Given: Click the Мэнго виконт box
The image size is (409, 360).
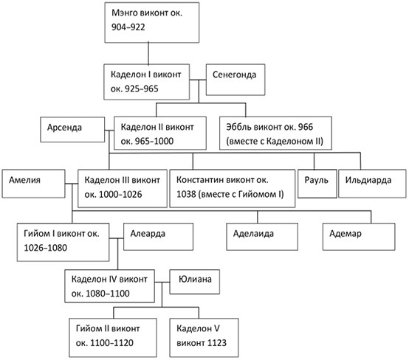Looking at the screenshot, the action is pyautogui.click(x=152, y=23).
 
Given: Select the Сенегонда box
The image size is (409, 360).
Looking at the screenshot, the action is pyautogui.click(x=236, y=80).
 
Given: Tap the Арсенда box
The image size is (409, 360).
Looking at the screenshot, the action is pyautogui.click(x=72, y=130).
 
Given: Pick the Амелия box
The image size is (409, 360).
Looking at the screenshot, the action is pyautogui.click(x=33, y=184).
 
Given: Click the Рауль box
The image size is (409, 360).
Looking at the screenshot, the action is pyautogui.click(x=317, y=184).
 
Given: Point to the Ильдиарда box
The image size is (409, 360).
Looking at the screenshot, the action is pyautogui.click(x=372, y=184).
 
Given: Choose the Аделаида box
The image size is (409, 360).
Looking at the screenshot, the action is pyautogui.click(x=262, y=237).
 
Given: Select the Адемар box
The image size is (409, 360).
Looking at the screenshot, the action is pyautogui.click(x=359, y=237).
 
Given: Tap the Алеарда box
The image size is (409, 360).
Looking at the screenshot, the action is pyautogui.click(x=158, y=237).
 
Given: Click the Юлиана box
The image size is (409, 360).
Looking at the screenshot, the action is pyautogui.click(x=195, y=282).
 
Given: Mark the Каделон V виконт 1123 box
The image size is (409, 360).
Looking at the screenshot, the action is pyautogui.click(x=204, y=338).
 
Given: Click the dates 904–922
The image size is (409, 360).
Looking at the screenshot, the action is pyautogui.click(x=128, y=27).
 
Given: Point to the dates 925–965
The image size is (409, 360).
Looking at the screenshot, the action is pyautogui.click(x=141, y=89).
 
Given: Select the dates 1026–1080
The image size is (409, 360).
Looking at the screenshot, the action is pyautogui.click(x=45, y=248).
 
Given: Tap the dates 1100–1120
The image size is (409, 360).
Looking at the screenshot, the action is pyautogui.click(x=111, y=343).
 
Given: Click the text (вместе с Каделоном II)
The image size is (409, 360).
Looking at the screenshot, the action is pyautogui.click(x=275, y=142).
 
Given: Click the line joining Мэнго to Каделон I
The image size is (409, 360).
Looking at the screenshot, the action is pyautogui.click(x=148, y=54).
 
